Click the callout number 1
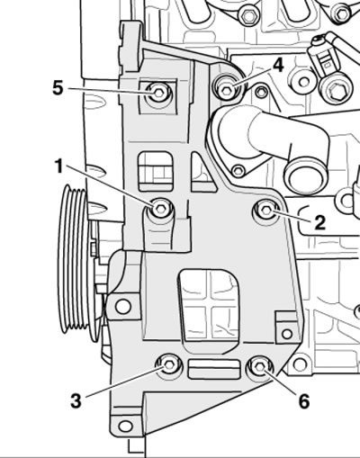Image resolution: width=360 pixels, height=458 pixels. coord(59,166)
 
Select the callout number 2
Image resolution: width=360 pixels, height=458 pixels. coord(319,222)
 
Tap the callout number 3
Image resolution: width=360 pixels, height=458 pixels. coord(76,400)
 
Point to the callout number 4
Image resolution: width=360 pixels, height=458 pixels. coord(278,66)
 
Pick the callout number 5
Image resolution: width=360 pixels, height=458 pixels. coord(58,88)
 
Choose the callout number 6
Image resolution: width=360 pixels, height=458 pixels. coord(303,401)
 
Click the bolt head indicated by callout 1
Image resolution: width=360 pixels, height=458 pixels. coord(161,209)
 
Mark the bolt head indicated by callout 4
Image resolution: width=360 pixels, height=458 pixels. coord(226,90)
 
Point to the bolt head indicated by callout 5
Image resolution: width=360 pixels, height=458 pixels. coord(158,92)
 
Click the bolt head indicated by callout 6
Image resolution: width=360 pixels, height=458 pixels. coord(260,367)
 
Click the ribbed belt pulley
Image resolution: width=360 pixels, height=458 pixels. coord(75,260)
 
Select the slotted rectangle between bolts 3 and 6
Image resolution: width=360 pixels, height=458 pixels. coord(213,370)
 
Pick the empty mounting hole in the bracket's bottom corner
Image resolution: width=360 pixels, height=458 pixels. coord(126,426)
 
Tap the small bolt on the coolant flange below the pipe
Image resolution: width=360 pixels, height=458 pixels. coord(238,171)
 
